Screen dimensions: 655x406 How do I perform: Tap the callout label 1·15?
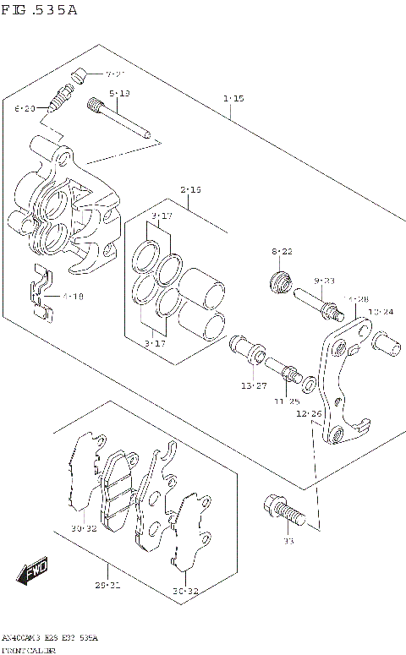click(234, 99)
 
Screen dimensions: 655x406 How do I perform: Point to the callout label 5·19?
click(118, 93)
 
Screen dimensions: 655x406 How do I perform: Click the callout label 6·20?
click(25, 108)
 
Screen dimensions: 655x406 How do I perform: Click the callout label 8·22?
click(282, 252)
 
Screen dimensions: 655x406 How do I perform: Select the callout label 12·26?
click(309, 413)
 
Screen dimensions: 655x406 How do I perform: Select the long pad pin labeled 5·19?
click(118, 117)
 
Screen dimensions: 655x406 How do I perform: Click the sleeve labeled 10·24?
click(385, 345)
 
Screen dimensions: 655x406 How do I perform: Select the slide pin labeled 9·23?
click(318, 305)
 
